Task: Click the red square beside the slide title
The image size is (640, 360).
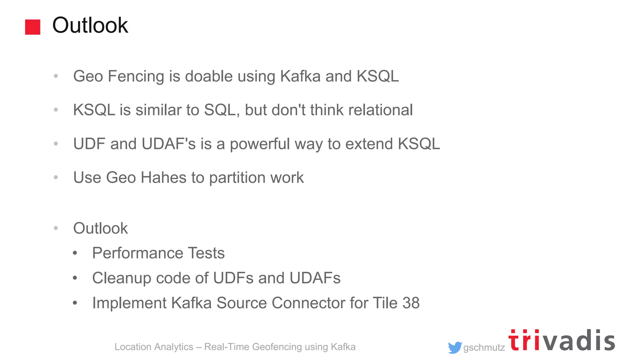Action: (x=32, y=27)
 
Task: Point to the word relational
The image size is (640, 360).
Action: (x=380, y=110)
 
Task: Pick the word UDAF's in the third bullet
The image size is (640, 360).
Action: (x=169, y=144)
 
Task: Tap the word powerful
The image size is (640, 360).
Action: (x=260, y=144)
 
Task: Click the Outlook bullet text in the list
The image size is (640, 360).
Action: (x=100, y=228)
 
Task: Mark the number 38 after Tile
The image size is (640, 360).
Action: (x=411, y=303)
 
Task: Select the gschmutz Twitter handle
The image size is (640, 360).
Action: (x=484, y=347)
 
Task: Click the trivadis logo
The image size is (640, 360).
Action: (x=562, y=341)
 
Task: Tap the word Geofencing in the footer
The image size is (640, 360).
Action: (x=277, y=347)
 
